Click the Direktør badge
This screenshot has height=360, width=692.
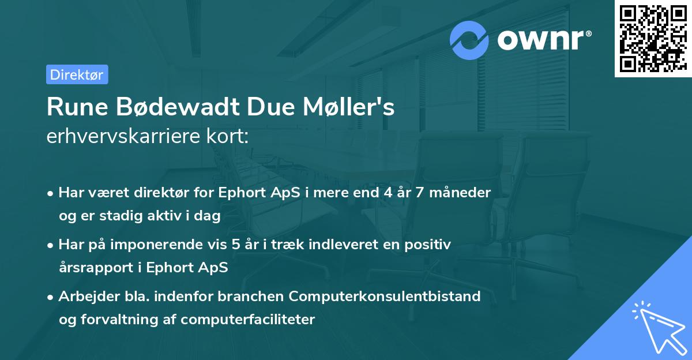[77, 74]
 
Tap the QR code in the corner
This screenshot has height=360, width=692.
[653, 39]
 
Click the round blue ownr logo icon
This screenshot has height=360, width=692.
[469, 40]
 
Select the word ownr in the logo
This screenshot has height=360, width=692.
[543, 40]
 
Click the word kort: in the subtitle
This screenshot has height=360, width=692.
[228, 137]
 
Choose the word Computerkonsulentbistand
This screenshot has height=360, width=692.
[385, 297]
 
